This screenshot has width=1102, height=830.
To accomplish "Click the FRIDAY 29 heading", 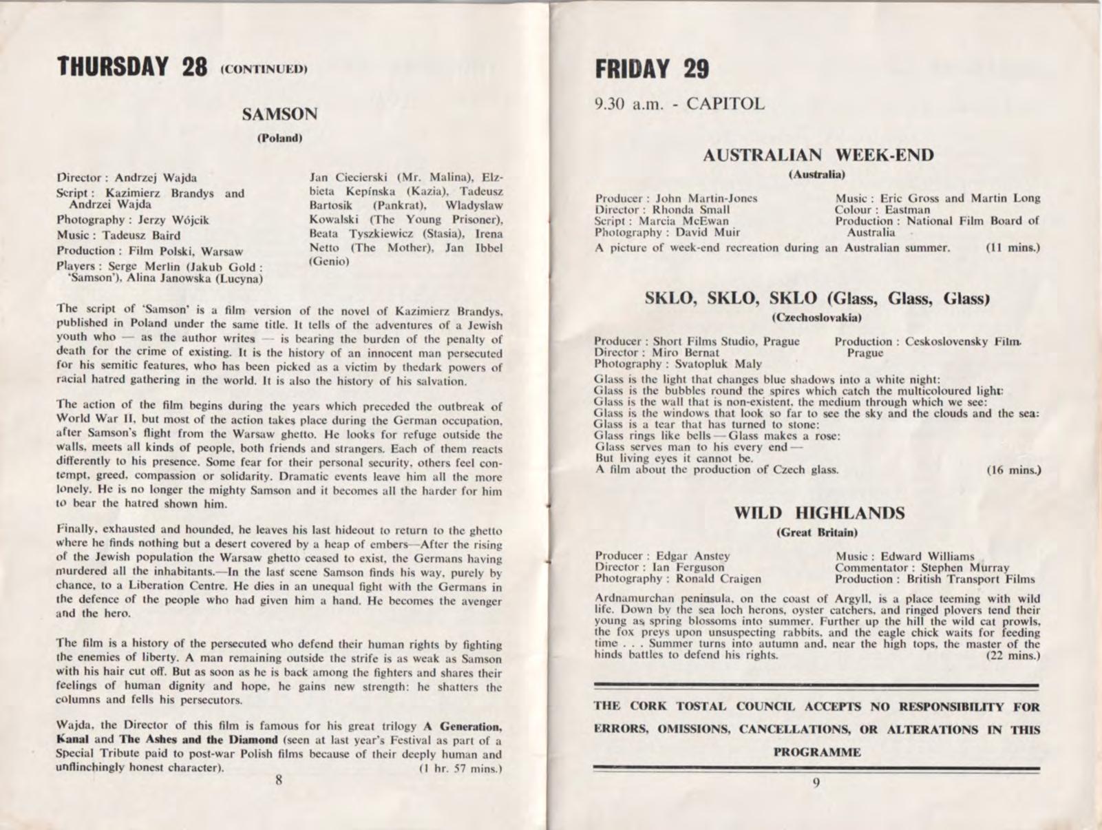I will coord(651,69).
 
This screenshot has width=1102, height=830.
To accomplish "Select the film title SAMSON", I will coord(279,114).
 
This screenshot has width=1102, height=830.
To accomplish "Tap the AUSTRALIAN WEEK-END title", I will coord(818,155).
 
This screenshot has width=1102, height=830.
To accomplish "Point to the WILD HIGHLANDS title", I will coord(818,513).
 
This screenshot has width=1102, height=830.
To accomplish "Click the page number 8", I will coord(279,780).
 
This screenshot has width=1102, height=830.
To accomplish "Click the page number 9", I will coord(816,782).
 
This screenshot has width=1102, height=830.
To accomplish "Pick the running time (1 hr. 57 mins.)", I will coord(460,768).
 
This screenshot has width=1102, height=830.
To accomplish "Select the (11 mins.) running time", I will coord(1013,247).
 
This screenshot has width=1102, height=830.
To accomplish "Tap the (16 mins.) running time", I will coord(1013,470).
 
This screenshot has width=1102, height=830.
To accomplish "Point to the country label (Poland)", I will coord(279,138).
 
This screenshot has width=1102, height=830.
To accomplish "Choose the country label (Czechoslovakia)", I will coord(817,318).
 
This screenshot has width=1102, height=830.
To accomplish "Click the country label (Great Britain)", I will coord(817,532).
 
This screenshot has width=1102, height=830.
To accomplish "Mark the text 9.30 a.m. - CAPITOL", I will coord(679,105).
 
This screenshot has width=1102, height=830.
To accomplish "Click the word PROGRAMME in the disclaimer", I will coord(817,752).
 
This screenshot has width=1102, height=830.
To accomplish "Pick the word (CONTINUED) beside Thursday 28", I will coord(263,70).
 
